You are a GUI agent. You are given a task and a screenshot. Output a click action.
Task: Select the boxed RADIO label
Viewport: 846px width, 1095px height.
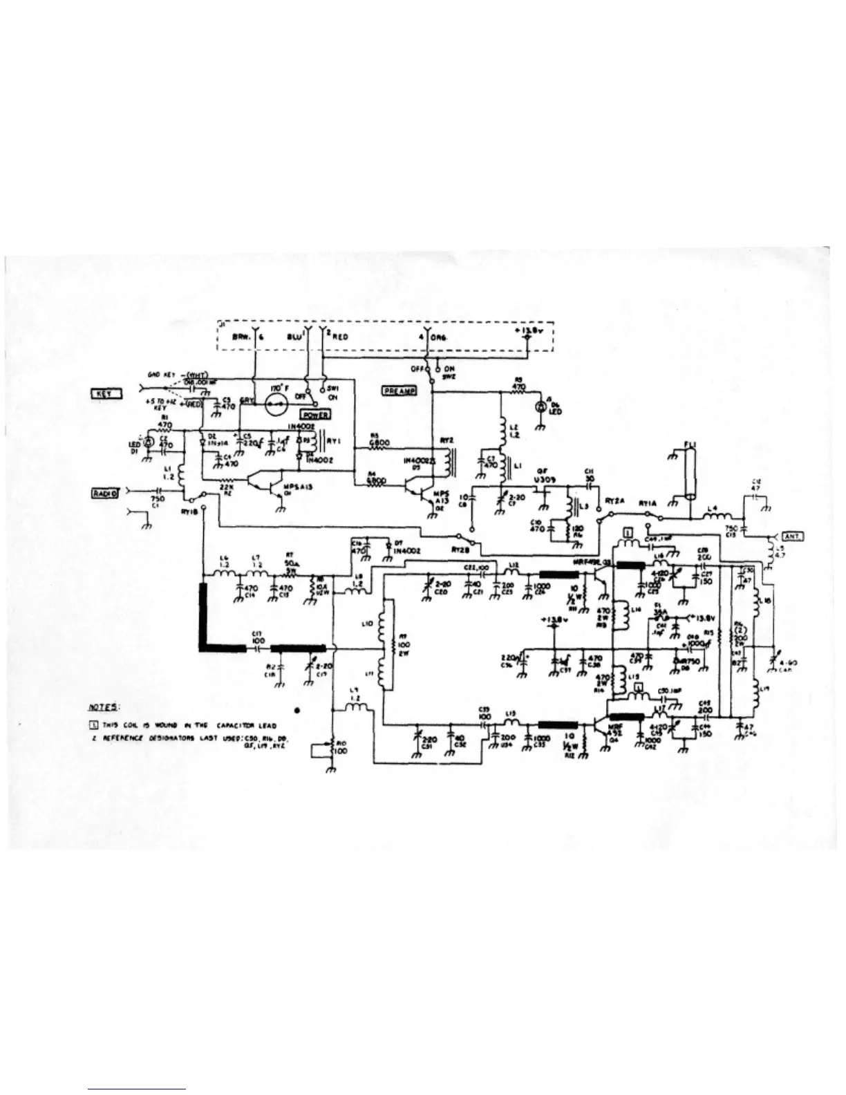(106, 493)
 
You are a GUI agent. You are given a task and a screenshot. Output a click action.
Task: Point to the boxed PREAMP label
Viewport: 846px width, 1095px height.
(399, 391)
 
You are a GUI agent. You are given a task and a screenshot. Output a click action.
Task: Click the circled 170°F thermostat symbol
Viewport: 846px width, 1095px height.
(280, 403)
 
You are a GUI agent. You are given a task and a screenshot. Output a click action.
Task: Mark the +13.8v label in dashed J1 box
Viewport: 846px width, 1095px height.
(527, 330)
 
